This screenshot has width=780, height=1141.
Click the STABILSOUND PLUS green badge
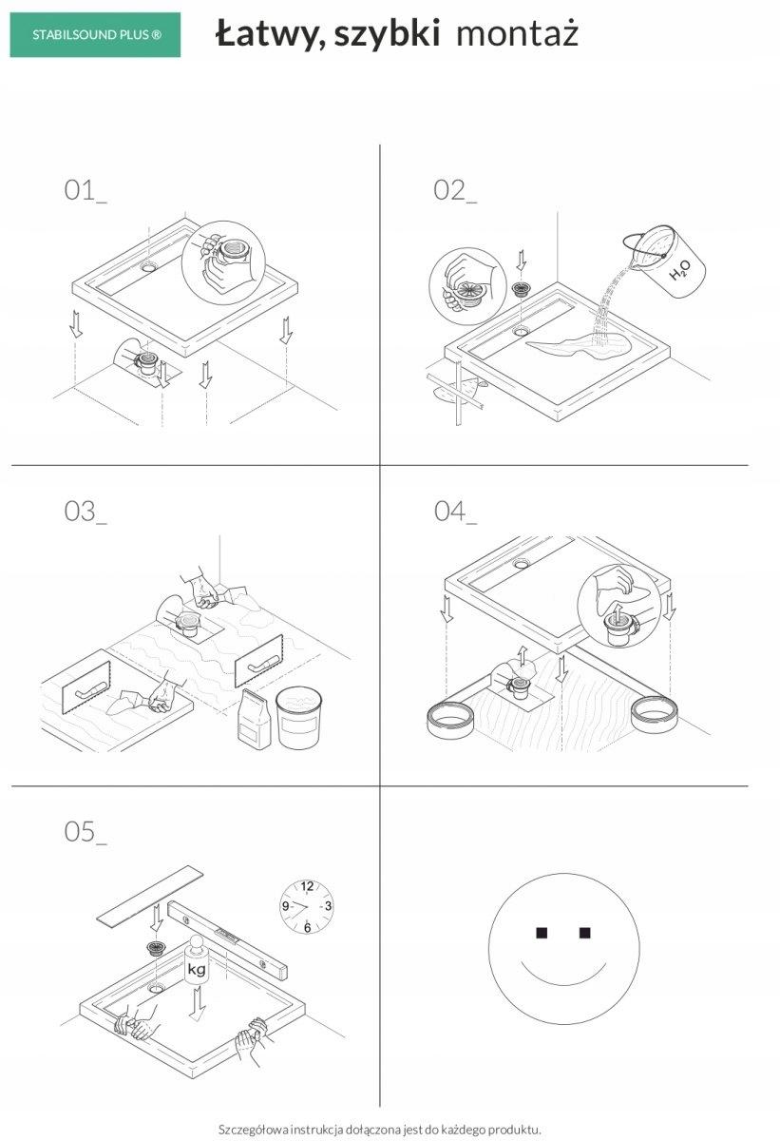[95, 35]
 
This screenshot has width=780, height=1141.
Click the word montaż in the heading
[517, 35]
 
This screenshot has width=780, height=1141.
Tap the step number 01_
[85, 189]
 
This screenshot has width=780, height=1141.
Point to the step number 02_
[455, 189]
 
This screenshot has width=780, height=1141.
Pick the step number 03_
[85, 511]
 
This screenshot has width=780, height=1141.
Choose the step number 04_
[455, 511]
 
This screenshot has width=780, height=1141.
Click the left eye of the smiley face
[541, 932]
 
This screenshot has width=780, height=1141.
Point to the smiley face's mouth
[562, 975]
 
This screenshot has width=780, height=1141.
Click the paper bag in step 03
[254, 719]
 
